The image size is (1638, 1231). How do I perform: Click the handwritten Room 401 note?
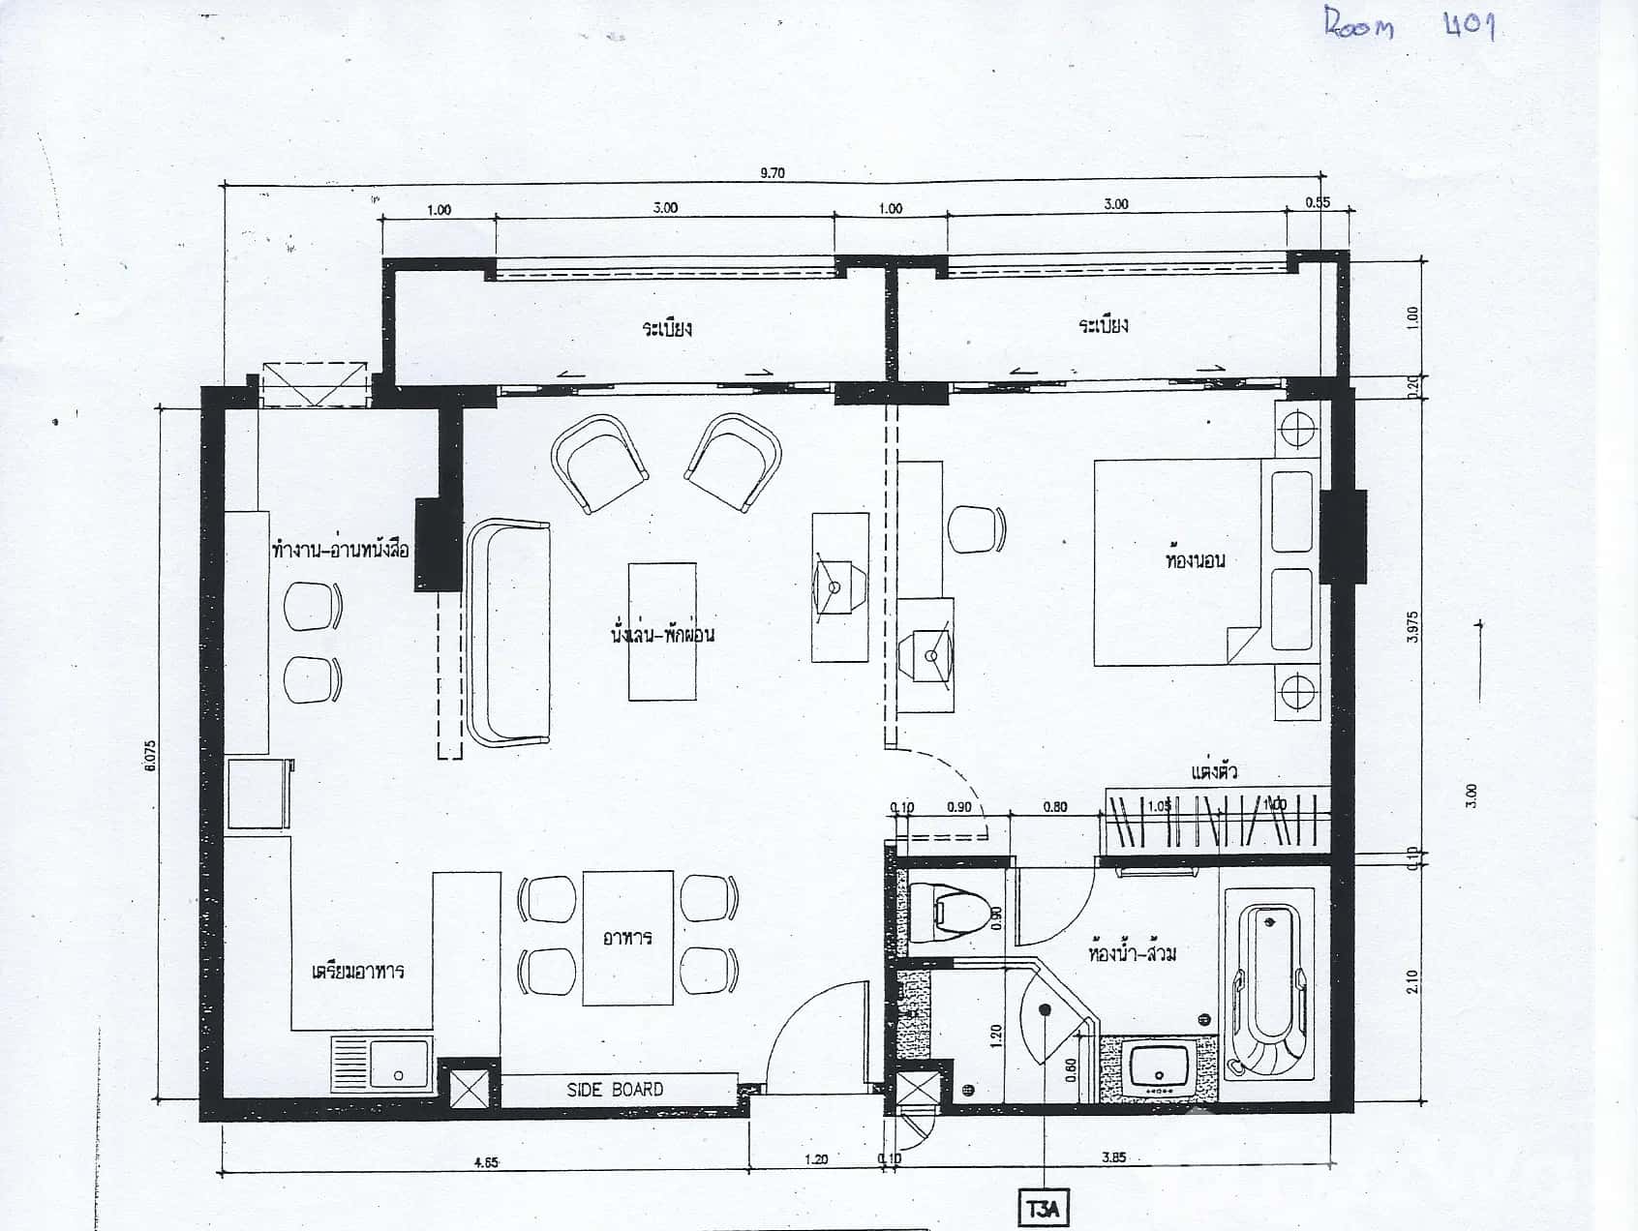click(x=1410, y=23)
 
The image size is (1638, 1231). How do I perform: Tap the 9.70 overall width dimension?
click(x=772, y=173)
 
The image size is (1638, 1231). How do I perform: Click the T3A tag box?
click(x=1044, y=1210)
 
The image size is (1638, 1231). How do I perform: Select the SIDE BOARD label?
click(x=616, y=1090)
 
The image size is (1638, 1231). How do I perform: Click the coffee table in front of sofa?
click(x=662, y=631)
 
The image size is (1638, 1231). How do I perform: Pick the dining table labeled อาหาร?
click(x=627, y=938)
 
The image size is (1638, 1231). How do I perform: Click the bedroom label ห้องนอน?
click(x=1196, y=560)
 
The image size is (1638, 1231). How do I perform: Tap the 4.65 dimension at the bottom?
click(x=486, y=1163)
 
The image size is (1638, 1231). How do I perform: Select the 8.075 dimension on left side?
click(x=149, y=756)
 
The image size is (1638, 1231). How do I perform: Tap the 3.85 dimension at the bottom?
click(x=1113, y=1157)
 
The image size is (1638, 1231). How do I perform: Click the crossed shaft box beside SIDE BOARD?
click(x=469, y=1089)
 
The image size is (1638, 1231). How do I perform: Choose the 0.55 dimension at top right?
click(x=1318, y=203)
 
